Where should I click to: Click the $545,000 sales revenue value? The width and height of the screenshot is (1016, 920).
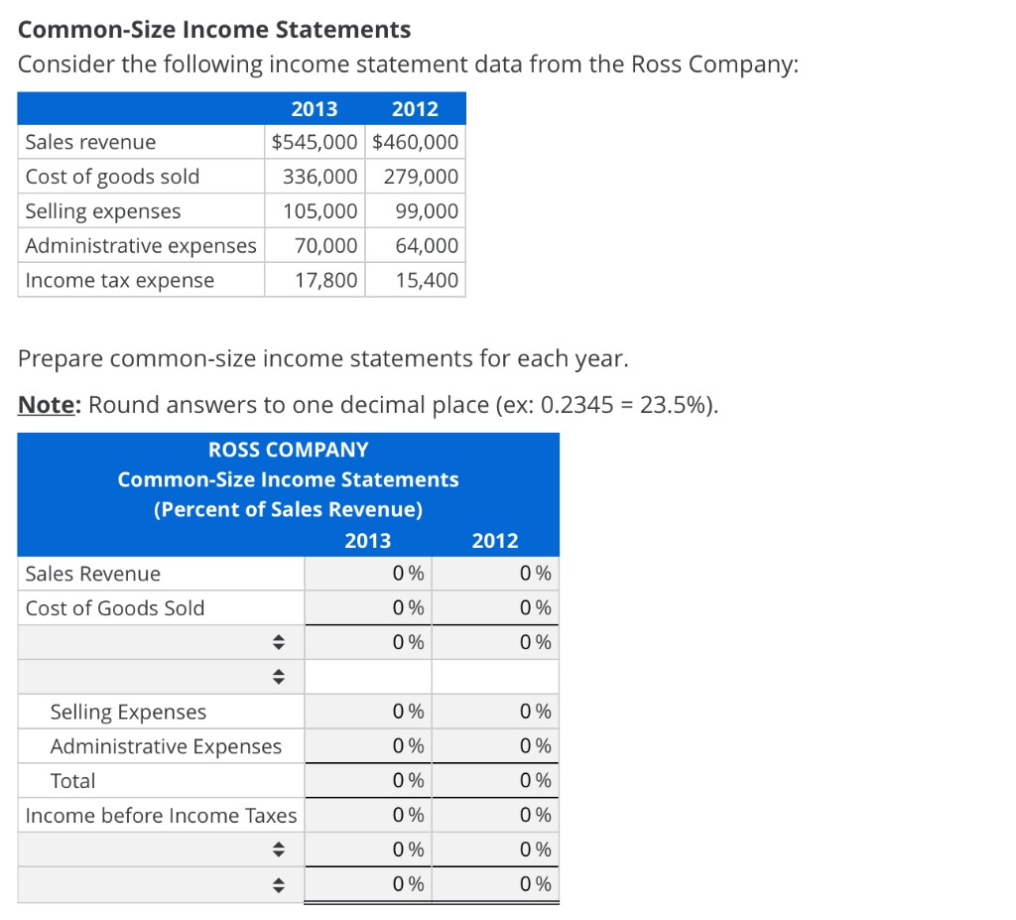click(315, 142)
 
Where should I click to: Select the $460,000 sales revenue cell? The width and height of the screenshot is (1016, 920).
click(415, 142)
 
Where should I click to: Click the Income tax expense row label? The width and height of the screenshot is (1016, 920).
click(119, 280)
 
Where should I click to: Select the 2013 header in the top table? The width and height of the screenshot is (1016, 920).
click(314, 108)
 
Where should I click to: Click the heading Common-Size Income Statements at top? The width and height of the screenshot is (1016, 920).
click(214, 30)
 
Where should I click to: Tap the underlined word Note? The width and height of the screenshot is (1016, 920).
click(49, 406)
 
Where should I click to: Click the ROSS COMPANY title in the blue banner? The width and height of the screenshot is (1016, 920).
click(288, 450)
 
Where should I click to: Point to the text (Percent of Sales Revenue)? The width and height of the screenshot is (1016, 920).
click(288, 509)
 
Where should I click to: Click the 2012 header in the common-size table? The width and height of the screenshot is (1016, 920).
click(494, 540)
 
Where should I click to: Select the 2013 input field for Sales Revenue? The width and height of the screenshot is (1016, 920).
click(367, 574)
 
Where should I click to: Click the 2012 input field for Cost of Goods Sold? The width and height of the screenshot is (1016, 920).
click(494, 608)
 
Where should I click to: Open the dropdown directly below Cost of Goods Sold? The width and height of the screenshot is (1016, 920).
click(161, 643)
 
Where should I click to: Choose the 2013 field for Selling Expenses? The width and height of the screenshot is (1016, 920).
click(367, 712)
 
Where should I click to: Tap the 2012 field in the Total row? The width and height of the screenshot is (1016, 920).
click(494, 781)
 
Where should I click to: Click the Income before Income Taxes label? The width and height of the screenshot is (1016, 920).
click(161, 816)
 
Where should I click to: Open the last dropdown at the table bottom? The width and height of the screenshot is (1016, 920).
click(161, 885)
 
